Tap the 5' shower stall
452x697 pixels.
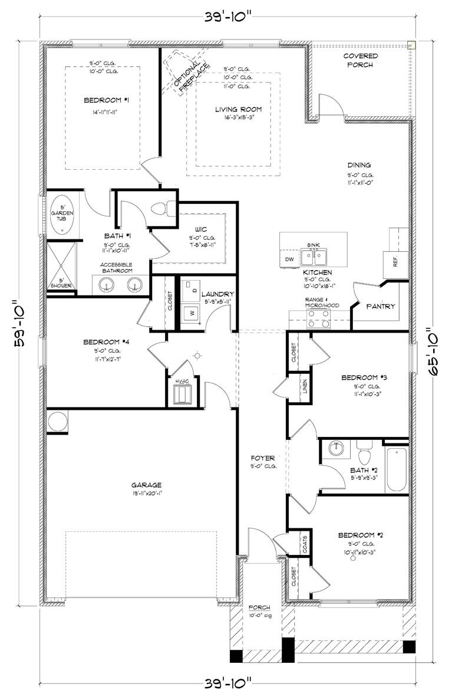pos(60,265)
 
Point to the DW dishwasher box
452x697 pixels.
pos(289,259)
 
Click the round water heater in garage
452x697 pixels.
pos(58,421)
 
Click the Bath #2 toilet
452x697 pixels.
pos(364,454)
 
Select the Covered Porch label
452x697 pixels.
pos(360,60)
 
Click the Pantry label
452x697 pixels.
pos(381,307)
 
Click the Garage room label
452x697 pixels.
pos(146,485)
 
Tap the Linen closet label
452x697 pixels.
pos(304,386)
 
